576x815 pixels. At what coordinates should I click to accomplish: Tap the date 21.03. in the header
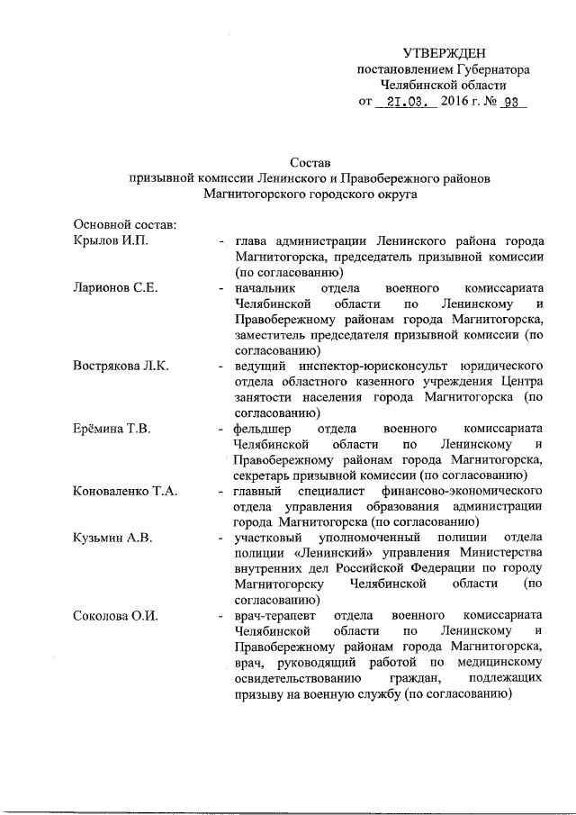click(405, 103)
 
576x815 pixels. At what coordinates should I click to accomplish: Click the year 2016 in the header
click(460, 103)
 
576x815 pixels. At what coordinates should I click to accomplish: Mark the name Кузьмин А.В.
click(112, 539)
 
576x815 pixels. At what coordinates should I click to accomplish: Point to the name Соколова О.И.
click(115, 616)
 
